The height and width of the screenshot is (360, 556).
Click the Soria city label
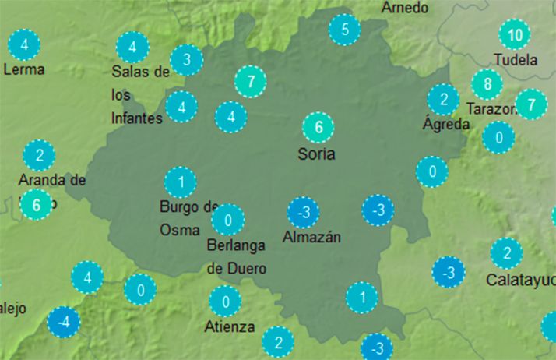pyautogui.click(x=316, y=154)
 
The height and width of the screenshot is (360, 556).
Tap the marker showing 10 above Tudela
pyautogui.click(x=514, y=34)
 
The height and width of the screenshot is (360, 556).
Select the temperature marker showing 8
pyautogui.click(x=487, y=84)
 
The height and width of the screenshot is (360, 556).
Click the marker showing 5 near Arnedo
pyautogui.click(x=344, y=30)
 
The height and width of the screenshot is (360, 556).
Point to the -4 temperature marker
pyautogui.click(x=63, y=322)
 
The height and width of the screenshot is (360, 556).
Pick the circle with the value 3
pyautogui.click(x=187, y=59)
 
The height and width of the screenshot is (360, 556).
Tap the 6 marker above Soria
pyautogui.click(x=318, y=127)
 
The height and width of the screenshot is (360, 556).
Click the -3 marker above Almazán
pyautogui.click(x=304, y=212)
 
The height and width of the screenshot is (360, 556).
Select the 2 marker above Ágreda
pyautogui.click(x=443, y=100)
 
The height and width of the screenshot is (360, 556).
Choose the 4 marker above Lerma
pyautogui.click(x=26, y=44)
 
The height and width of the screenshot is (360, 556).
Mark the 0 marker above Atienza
pyautogui.click(x=225, y=301)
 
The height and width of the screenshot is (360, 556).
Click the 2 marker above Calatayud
pyautogui.click(x=506, y=253)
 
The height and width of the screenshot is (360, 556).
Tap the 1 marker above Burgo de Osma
pyautogui.click(x=180, y=182)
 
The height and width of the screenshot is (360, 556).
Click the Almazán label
pyautogui.click(x=311, y=236)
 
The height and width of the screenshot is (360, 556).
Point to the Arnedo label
pyautogui.click(x=405, y=8)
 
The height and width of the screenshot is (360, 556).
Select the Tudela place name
pyautogui.click(x=516, y=60)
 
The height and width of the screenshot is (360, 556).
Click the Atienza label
pyautogui.click(x=230, y=326)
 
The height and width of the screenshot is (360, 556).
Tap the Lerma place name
pyautogui.click(x=24, y=69)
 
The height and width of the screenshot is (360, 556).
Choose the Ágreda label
pyautogui.click(x=446, y=124)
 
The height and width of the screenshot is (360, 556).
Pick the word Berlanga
pyautogui.click(x=237, y=245)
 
